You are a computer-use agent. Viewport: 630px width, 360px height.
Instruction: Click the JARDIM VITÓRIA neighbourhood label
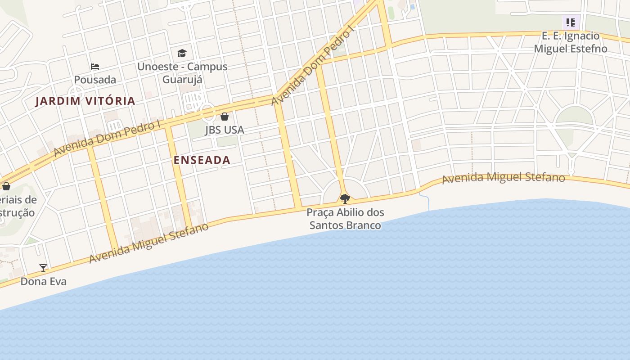tap(85, 101)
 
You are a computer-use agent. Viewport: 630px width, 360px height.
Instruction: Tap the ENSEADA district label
tap(202, 160)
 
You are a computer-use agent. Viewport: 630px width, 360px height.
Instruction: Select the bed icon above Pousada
tap(95, 67)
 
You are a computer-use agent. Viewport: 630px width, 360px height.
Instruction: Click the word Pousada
tap(95, 80)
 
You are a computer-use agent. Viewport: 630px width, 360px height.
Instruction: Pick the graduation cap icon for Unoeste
tap(182, 54)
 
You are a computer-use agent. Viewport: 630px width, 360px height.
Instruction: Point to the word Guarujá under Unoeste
tap(182, 80)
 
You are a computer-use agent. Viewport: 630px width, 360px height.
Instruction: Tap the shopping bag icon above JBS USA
tap(225, 117)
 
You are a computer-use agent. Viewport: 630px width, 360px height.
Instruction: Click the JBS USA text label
tap(225, 130)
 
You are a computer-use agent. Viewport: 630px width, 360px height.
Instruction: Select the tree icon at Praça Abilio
tap(345, 198)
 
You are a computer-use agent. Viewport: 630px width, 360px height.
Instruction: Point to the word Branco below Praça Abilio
tap(363, 225)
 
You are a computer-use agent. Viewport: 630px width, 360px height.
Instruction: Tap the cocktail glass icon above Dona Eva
tap(43, 268)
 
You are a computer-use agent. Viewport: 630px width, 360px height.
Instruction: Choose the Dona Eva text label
tap(44, 281)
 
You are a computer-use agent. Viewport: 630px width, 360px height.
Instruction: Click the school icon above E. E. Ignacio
tap(571, 22)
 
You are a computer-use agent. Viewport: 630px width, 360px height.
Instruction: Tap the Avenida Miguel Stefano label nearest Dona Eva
tap(149, 243)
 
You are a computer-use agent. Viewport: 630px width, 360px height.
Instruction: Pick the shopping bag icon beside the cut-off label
tap(6, 186)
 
